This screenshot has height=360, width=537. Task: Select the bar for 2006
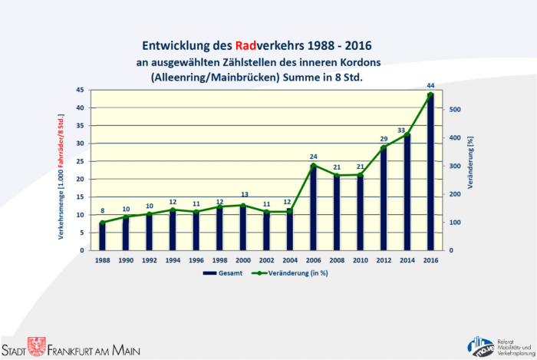(313, 208)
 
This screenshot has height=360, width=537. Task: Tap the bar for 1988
(103, 236)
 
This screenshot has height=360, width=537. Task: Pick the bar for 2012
(384, 199)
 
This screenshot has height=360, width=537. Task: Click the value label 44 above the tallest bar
(430, 86)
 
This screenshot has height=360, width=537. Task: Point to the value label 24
(313, 157)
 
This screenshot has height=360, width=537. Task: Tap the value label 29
(384, 139)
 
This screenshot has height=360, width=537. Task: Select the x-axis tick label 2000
(243, 260)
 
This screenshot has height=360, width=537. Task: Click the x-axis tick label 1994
(173, 260)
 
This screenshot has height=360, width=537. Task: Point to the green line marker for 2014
(407, 134)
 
